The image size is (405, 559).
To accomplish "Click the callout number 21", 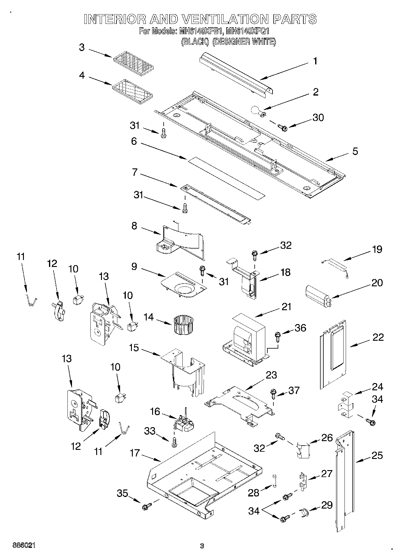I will [x=286, y=307].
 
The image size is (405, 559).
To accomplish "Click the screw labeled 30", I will [x=283, y=128].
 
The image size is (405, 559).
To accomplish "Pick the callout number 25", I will [x=377, y=455].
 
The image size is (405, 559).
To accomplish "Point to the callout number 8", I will [x=134, y=226].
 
